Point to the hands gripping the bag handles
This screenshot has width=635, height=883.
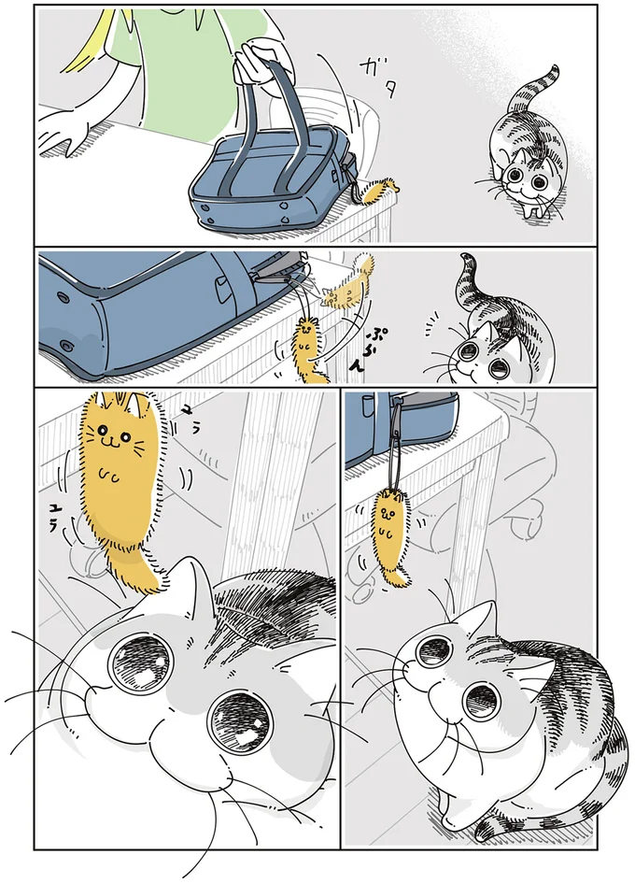coord(258,64)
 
